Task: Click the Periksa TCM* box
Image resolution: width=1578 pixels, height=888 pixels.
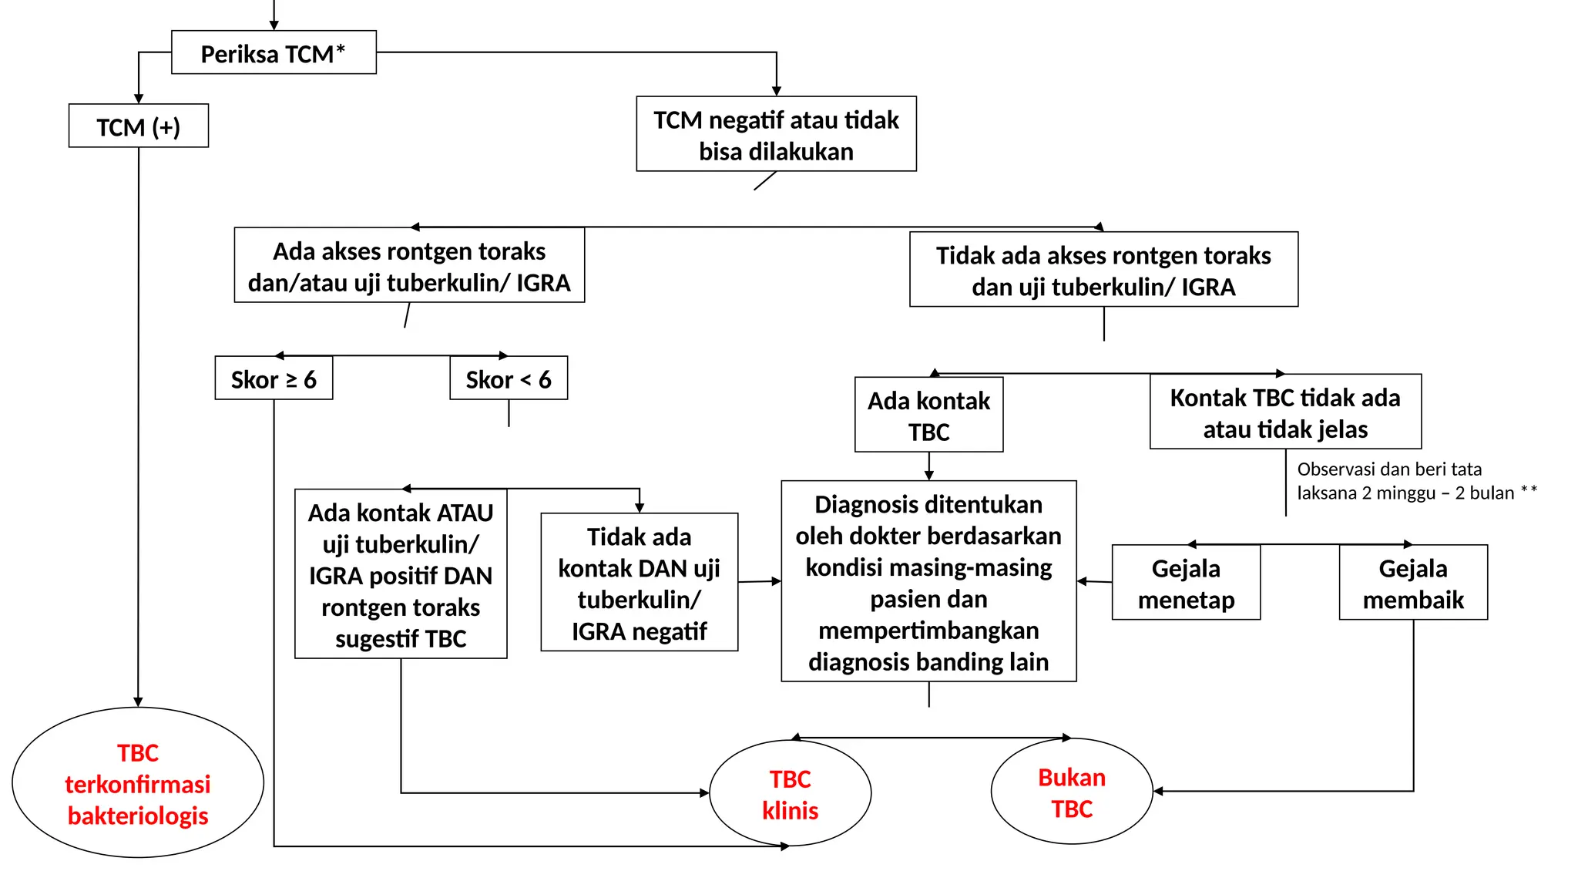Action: (274, 53)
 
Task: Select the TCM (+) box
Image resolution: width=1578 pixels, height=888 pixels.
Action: (139, 126)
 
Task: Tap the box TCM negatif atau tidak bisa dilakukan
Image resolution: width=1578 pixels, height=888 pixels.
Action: (776, 135)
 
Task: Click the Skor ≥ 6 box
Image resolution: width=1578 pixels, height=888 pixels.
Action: (274, 378)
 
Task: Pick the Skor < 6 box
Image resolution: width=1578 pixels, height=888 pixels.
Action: (509, 378)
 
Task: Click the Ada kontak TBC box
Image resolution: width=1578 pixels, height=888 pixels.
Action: (928, 415)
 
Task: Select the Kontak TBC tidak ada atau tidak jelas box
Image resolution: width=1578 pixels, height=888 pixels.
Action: (1285, 412)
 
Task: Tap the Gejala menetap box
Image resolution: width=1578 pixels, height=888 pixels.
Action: (1186, 584)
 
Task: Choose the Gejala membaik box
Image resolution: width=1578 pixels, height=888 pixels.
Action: (1413, 584)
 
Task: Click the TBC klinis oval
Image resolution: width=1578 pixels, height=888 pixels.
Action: (790, 794)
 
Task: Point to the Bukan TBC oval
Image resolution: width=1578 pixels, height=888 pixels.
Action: (1072, 792)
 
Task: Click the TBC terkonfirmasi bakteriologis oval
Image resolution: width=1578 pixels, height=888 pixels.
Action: (138, 783)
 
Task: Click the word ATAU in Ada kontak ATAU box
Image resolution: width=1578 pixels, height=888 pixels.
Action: (463, 513)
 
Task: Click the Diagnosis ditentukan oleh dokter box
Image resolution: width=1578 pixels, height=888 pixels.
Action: (928, 582)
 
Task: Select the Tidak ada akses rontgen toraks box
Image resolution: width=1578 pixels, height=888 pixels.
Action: (1103, 271)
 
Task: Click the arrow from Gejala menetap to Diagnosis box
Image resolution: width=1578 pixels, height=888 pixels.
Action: (1094, 581)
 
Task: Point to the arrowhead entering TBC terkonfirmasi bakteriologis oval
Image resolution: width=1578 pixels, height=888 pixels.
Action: (138, 702)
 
